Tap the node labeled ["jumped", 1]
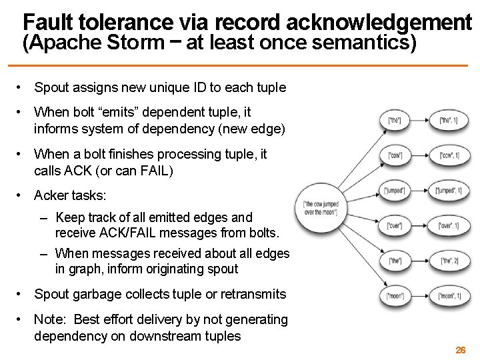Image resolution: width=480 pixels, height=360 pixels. (450, 191)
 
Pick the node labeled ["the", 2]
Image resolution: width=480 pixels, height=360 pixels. (450, 260)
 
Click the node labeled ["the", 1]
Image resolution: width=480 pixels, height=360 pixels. (450, 121)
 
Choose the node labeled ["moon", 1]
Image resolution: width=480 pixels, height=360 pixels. (450, 295)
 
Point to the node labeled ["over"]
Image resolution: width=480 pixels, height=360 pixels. (398, 225)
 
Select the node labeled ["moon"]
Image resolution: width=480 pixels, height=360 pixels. (398, 295)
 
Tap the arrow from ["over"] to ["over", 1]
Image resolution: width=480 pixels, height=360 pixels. (424, 225)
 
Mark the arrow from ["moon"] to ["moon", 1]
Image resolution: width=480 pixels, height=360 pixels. (424, 295)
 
